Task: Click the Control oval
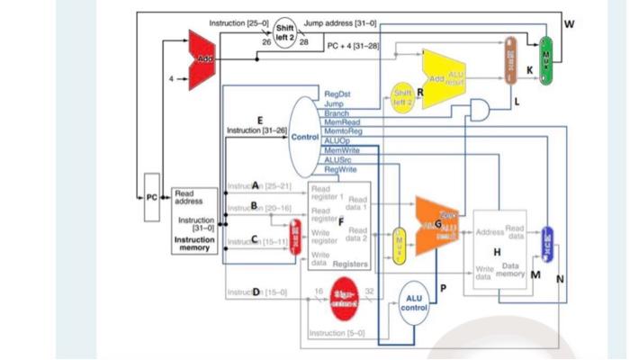click(x=306, y=137)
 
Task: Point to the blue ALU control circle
click(x=414, y=302)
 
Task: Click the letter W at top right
click(x=568, y=23)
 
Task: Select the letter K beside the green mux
click(x=530, y=69)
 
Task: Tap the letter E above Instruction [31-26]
click(x=261, y=119)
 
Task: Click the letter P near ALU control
click(x=443, y=286)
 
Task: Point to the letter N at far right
click(x=559, y=277)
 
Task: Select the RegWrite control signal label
click(x=338, y=168)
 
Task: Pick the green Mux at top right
click(x=544, y=61)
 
